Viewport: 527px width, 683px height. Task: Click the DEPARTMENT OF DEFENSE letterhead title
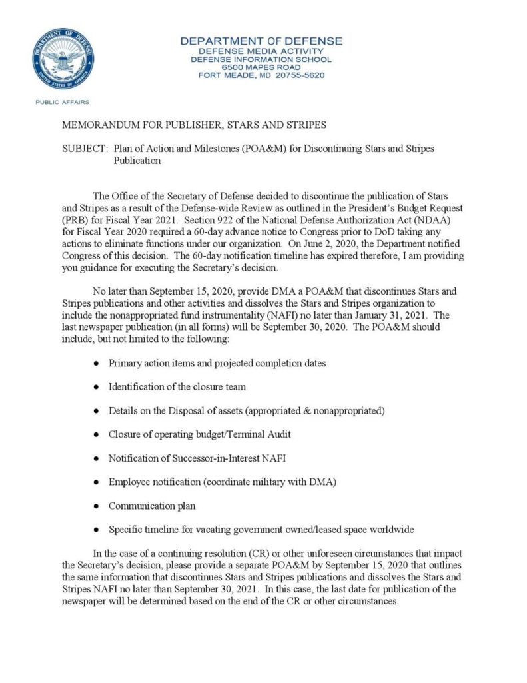point(261,41)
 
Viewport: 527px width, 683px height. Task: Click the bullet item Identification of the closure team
point(177,386)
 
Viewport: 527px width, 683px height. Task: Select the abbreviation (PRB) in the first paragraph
point(75,219)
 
